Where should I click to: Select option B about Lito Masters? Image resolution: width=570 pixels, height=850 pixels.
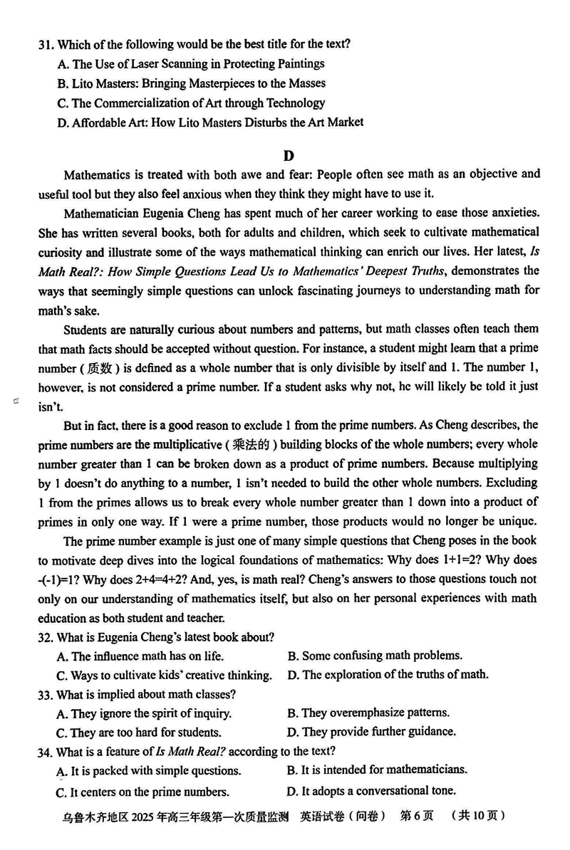(185, 83)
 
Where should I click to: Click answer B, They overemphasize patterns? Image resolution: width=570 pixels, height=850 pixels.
(368, 713)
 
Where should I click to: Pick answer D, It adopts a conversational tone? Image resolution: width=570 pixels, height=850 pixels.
(370, 790)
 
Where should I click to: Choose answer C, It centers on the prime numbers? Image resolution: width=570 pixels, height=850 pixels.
(142, 792)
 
